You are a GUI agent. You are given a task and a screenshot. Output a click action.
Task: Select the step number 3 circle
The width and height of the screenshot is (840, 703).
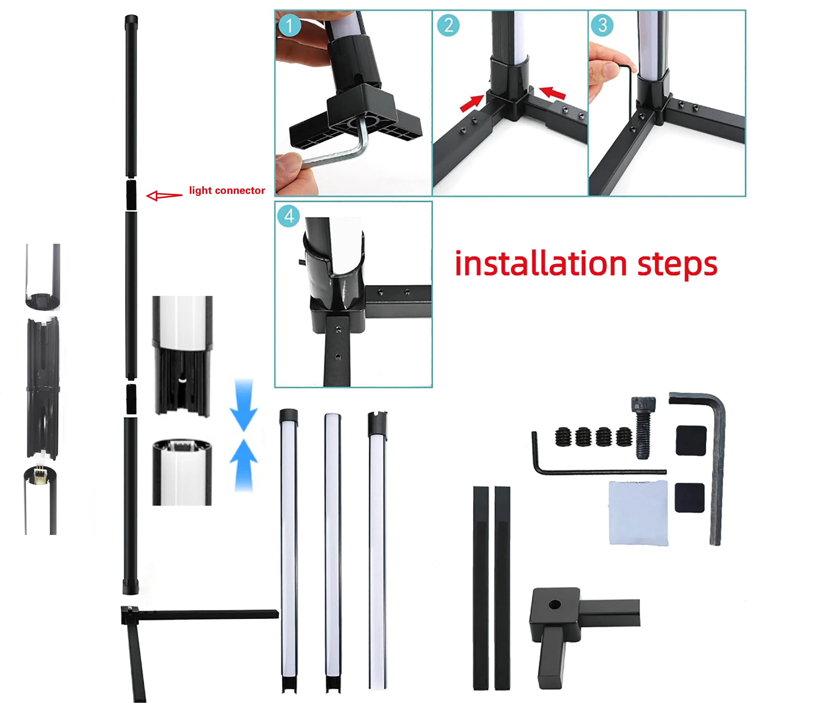pyautogui.click(x=602, y=25)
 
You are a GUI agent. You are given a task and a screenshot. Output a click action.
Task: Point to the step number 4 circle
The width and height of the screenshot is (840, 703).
pyautogui.click(x=289, y=216)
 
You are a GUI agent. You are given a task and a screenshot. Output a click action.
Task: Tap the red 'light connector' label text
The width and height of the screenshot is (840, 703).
pyautogui.click(x=227, y=190)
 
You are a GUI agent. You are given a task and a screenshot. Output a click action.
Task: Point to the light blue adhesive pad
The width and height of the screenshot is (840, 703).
pyautogui.click(x=638, y=512)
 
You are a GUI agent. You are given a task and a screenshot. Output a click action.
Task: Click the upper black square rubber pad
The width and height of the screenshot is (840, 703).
pyautogui.click(x=691, y=441)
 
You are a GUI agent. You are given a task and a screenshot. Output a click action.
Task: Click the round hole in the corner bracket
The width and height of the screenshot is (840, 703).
pyautogui.click(x=554, y=604)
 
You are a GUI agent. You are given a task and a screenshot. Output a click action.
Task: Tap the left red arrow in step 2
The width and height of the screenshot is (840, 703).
pyautogui.click(x=472, y=103)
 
